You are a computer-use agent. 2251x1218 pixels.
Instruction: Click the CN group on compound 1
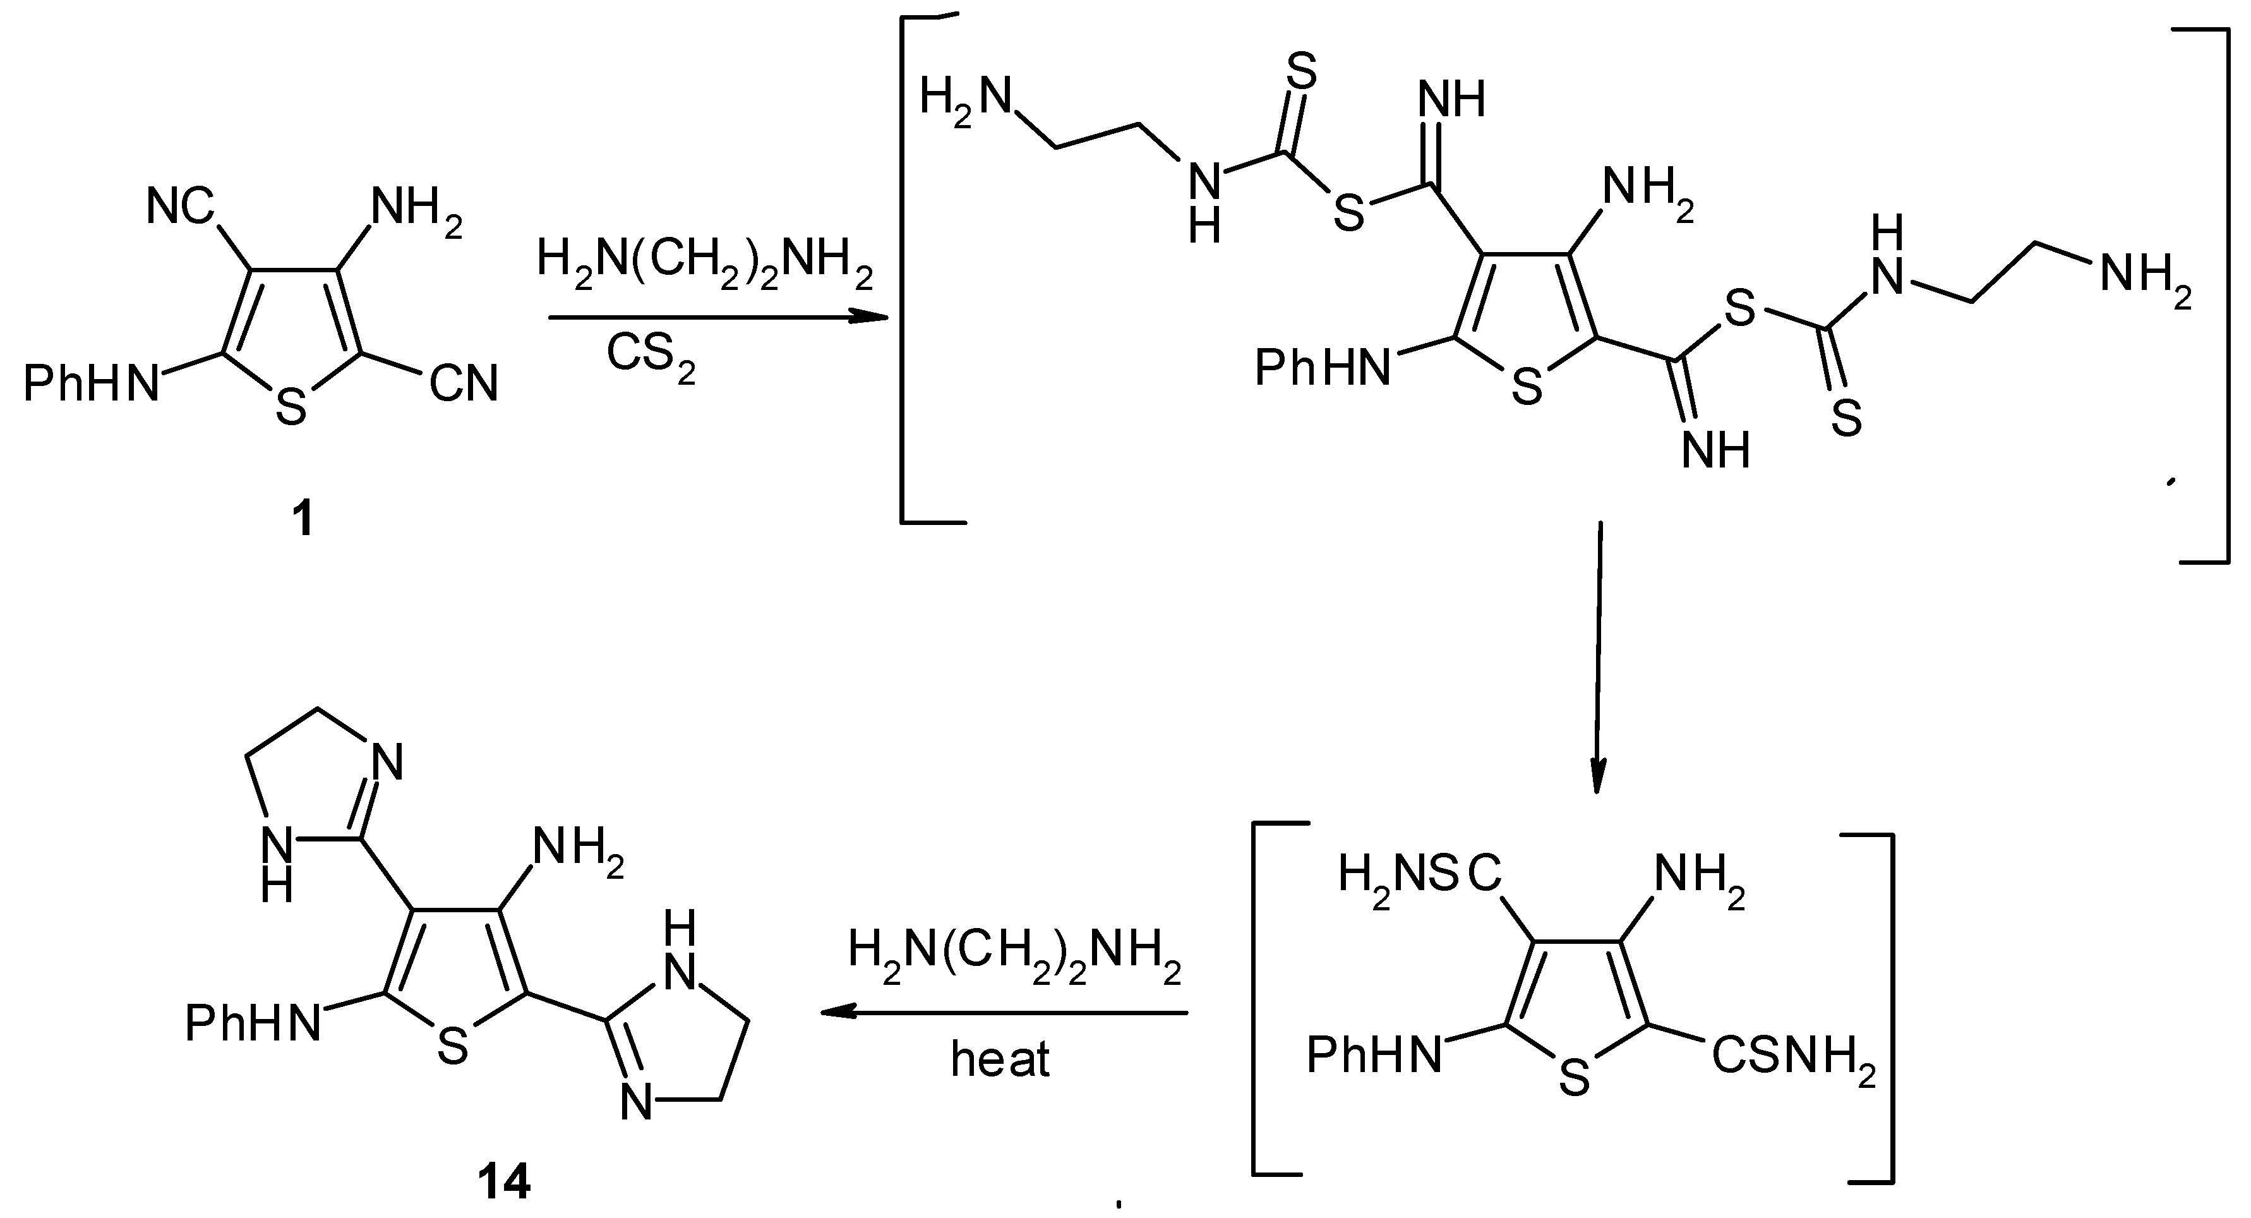pos(463,383)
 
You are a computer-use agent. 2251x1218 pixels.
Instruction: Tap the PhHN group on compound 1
pos(92,383)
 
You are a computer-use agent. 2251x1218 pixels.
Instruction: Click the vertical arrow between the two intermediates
pos(1597,655)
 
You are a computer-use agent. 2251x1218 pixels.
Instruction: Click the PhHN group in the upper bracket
pos(1322,368)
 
